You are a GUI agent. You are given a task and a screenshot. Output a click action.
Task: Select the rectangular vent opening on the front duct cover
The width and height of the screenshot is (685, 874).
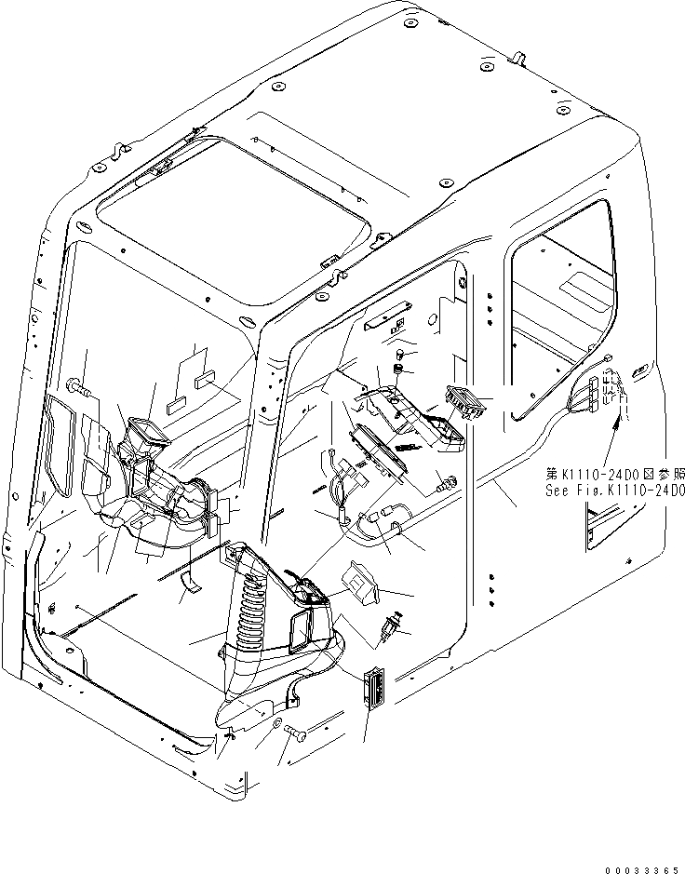pos(302,634)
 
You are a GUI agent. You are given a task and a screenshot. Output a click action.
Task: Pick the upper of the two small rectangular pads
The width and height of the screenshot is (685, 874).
pos(206,380)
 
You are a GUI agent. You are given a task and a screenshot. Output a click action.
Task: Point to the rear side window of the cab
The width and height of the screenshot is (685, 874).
pos(558,298)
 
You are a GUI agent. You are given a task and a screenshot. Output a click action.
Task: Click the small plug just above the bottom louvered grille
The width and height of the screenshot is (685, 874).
pos(391,627)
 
